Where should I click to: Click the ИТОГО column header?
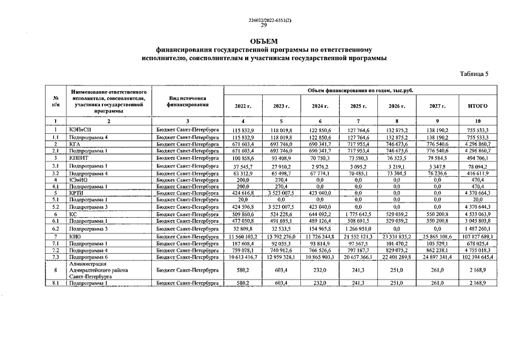(x=478, y=106)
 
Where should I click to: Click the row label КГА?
(x=74, y=144)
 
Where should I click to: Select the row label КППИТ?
(x=78, y=159)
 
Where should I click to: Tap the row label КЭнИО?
(x=78, y=179)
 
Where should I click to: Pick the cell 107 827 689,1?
(x=478, y=237)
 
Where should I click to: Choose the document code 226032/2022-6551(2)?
(x=264, y=20)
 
